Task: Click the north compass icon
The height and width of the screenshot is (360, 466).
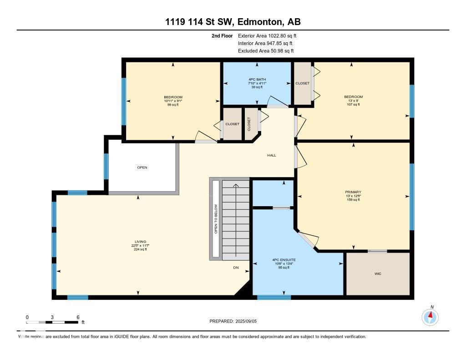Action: (430, 316)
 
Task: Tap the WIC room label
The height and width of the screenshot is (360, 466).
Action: (378, 274)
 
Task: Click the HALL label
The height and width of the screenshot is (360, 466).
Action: (272, 155)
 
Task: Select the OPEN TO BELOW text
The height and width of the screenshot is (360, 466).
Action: (216, 219)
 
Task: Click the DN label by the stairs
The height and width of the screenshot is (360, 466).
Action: (236, 268)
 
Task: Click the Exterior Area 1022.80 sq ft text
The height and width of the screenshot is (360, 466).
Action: (267, 35)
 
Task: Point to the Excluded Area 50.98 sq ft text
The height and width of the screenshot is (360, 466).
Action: (266, 51)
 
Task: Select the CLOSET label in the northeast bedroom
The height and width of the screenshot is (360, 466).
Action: (303, 83)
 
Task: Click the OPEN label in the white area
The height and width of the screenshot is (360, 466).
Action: (142, 167)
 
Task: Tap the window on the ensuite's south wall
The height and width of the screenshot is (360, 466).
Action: (267, 297)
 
